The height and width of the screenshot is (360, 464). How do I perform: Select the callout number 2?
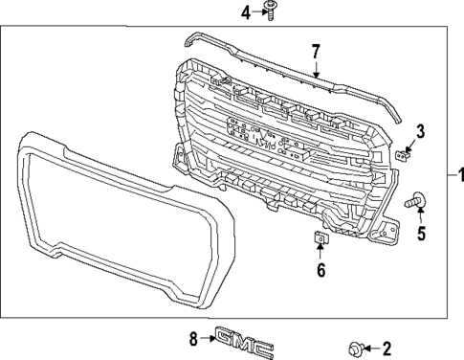click(x=387, y=348)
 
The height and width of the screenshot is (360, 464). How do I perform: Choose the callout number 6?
click(x=320, y=270)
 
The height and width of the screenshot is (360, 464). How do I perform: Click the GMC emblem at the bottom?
click(x=244, y=339)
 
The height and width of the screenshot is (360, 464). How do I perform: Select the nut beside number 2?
click(x=356, y=347)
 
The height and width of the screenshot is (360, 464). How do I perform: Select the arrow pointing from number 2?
click(x=373, y=348)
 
